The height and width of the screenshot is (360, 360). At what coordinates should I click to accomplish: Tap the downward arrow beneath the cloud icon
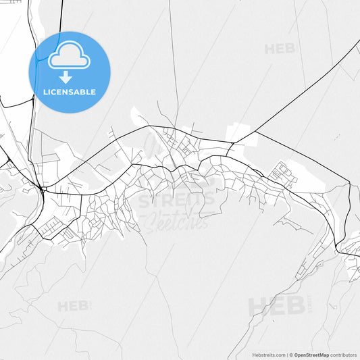pyautogui.click(x=66, y=76)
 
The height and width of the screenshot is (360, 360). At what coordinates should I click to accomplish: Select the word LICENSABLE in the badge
pyautogui.click(x=69, y=92)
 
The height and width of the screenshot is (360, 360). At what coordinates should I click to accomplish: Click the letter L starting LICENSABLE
pyautogui.click(x=45, y=92)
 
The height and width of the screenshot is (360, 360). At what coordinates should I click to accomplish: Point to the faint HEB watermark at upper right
pyautogui.click(x=280, y=49)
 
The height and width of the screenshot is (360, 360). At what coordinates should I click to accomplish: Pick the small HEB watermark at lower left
pyautogui.click(x=73, y=306)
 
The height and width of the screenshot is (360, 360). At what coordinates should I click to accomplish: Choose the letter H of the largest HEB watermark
pyautogui.click(x=257, y=306)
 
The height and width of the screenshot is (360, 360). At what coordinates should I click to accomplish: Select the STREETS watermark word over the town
pyautogui.click(x=177, y=201)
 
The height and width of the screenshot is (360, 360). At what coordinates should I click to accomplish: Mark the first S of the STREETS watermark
pyautogui.click(x=144, y=201)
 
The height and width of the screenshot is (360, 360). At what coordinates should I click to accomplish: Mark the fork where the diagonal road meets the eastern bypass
pyautogui.click(x=232, y=143)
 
